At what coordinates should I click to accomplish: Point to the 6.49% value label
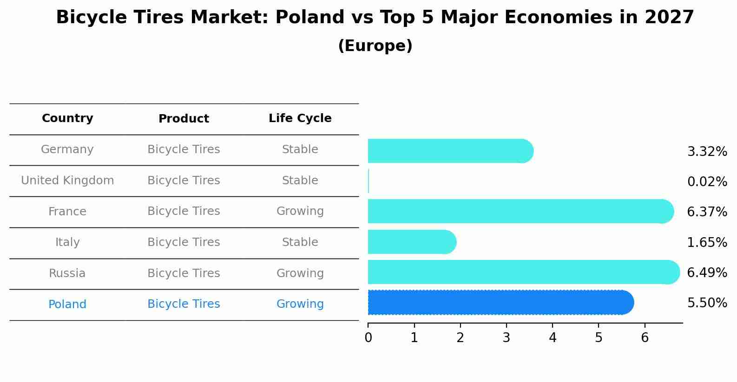[x=707, y=272]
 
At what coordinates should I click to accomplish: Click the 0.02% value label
[x=707, y=181]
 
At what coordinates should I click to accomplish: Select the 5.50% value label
[x=707, y=303]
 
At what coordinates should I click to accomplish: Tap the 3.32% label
[x=707, y=151]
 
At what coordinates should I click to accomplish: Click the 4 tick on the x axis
[x=553, y=338]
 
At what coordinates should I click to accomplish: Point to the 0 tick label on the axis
[x=368, y=338]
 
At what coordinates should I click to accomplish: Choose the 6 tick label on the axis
[x=645, y=338]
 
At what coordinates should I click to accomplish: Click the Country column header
[x=67, y=118]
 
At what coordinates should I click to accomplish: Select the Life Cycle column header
[x=300, y=118]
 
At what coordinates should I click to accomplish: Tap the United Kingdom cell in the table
[x=67, y=181]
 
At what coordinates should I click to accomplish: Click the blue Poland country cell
[x=67, y=304]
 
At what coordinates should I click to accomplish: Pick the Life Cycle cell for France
[x=300, y=211]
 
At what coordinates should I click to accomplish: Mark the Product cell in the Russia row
[x=184, y=273]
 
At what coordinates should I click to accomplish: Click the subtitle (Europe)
[x=375, y=46]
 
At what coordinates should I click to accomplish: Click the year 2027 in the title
[x=669, y=18]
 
